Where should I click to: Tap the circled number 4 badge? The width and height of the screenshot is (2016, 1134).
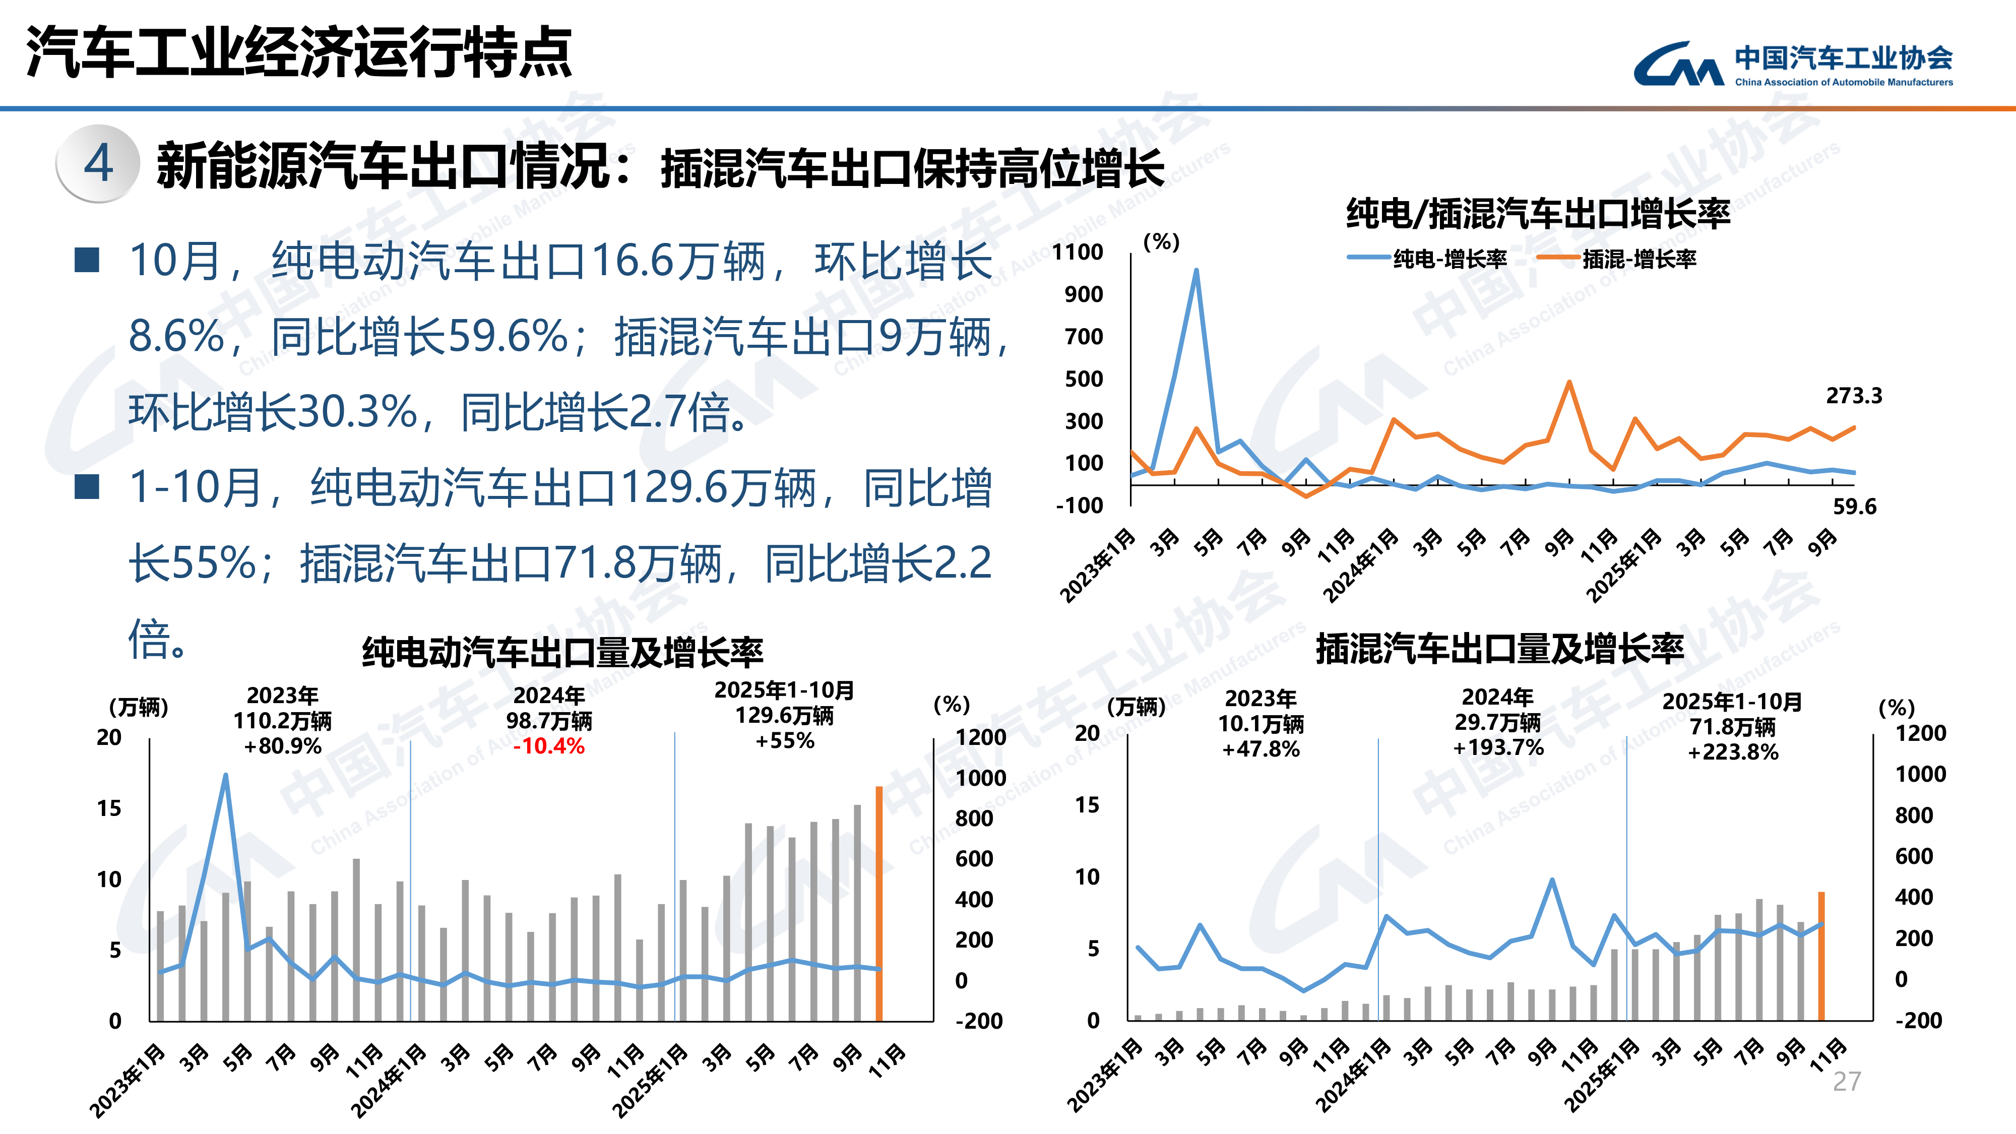pyautogui.click(x=99, y=164)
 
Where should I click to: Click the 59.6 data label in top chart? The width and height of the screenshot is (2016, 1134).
pyautogui.click(x=1854, y=507)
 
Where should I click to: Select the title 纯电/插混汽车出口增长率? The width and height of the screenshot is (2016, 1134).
pyautogui.click(x=1537, y=214)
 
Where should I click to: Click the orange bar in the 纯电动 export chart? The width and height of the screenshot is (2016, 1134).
pyautogui.click(x=879, y=903)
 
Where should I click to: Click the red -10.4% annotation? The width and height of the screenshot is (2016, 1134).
pyautogui.click(x=549, y=746)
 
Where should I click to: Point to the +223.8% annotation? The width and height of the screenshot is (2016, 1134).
pyautogui.click(x=1733, y=752)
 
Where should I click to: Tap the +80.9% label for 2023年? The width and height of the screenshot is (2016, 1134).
pyautogui.click(x=283, y=746)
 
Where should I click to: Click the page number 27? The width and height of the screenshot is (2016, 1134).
pyautogui.click(x=1846, y=1081)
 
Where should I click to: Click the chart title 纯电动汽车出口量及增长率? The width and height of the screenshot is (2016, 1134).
pyautogui.click(x=562, y=652)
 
